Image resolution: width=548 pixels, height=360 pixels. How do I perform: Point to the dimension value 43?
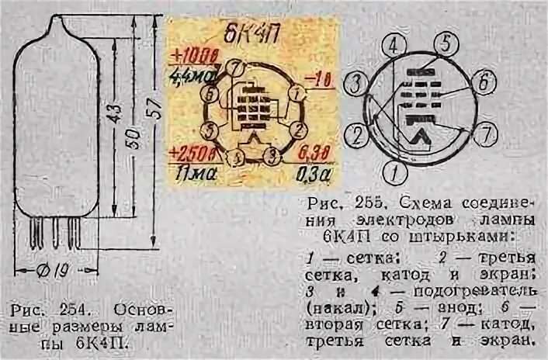tap(113, 112)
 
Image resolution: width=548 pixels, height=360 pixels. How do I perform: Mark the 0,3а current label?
tap(310, 173)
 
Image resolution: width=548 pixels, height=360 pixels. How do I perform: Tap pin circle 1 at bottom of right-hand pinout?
tap(396, 168)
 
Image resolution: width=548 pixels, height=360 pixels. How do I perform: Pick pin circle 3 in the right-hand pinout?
tap(356, 84)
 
